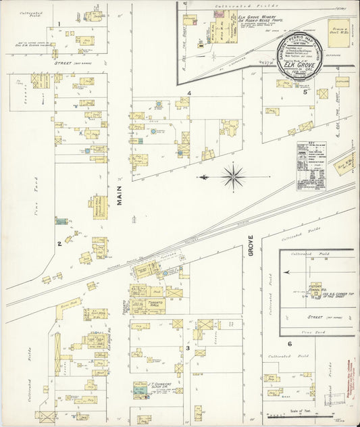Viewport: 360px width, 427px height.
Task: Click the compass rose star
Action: coord(233,177)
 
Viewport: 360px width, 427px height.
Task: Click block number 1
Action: coord(59,25)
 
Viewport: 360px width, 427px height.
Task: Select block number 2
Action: coord(59,244)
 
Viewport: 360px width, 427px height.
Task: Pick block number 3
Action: coord(187,348)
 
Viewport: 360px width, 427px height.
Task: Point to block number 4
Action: coord(190,93)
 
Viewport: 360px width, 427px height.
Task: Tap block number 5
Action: coord(305,93)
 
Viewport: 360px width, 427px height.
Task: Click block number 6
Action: coord(289,344)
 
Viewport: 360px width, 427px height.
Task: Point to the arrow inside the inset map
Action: coord(288,272)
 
